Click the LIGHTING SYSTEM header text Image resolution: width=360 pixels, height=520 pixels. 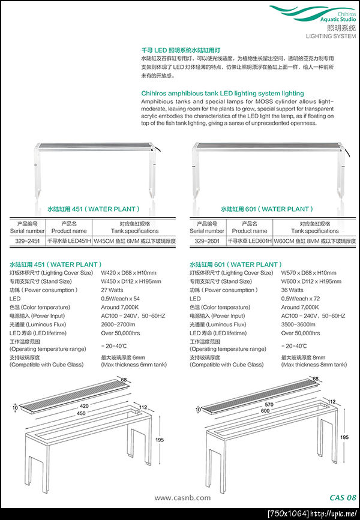coord(331,36)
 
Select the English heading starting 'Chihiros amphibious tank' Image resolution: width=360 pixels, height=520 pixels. coord(223,94)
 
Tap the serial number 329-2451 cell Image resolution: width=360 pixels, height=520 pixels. coord(27,241)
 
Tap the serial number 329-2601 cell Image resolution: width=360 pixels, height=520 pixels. coord(207,241)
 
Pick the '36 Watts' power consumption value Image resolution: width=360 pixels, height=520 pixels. coord(294,290)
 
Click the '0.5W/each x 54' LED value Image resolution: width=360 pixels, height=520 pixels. coord(121,298)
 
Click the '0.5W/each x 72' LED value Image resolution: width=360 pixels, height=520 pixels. coord(301,298)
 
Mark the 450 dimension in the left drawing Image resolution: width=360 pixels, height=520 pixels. coord(72,412)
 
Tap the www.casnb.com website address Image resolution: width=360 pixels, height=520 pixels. coord(182,497)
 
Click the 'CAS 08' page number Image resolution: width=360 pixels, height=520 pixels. coord(343,497)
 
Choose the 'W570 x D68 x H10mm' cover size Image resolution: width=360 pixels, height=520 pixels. coord(308,273)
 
